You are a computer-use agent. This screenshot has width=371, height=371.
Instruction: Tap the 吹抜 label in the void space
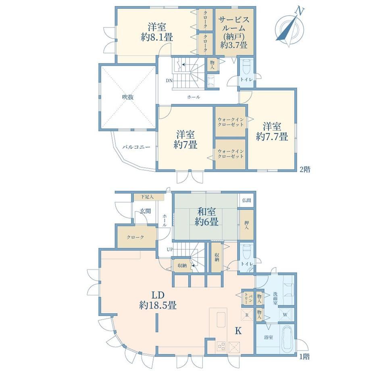click(128, 97)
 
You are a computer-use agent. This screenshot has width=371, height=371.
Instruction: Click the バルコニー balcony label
click(136, 147)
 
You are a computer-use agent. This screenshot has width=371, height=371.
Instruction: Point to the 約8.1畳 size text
click(157, 38)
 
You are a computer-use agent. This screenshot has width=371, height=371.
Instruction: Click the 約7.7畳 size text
click(272, 137)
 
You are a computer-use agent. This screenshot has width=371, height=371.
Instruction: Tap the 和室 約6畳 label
click(206, 217)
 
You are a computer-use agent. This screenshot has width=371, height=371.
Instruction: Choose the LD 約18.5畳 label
click(158, 300)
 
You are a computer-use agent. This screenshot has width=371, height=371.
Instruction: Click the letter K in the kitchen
click(238, 331)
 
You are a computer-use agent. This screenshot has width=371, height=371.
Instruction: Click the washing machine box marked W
click(285, 315)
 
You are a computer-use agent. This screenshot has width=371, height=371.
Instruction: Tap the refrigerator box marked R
click(247, 315)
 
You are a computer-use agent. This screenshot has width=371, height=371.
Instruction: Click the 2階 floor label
click(305, 169)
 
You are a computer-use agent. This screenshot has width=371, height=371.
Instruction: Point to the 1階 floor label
click(304, 356)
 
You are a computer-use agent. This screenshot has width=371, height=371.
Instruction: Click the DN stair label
click(169, 80)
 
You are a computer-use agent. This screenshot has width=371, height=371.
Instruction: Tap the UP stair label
click(170, 249)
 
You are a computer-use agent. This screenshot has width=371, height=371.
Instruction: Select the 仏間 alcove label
click(246, 200)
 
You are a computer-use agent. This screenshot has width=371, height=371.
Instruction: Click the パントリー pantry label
click(248, 298)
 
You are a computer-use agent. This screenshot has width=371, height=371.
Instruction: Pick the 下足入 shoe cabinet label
click(147, 197)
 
